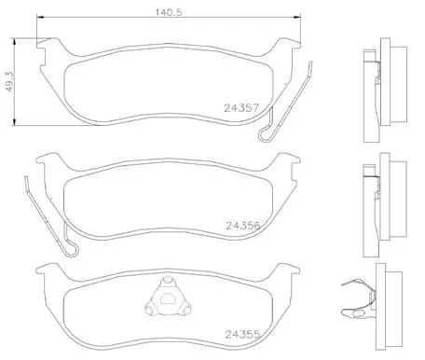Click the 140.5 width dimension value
tap(169, 12)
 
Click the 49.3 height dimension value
tap(9, 81)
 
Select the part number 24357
tap(241, 108)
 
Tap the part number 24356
tap(243, 226)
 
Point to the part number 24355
tap(242, 335)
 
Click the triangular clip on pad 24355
tap(168, 297)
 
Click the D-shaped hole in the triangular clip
tap(168, 299)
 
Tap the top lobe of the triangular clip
tap(168, 281)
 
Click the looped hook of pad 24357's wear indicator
tap(265, 135)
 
